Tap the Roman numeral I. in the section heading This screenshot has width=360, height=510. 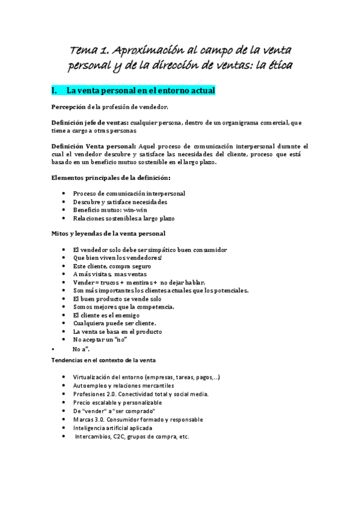point(55,91)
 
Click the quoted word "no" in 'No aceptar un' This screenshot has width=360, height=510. point(139,339)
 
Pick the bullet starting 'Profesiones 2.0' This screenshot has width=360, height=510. point(141,394)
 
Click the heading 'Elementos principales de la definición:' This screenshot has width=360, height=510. point(111,178)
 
